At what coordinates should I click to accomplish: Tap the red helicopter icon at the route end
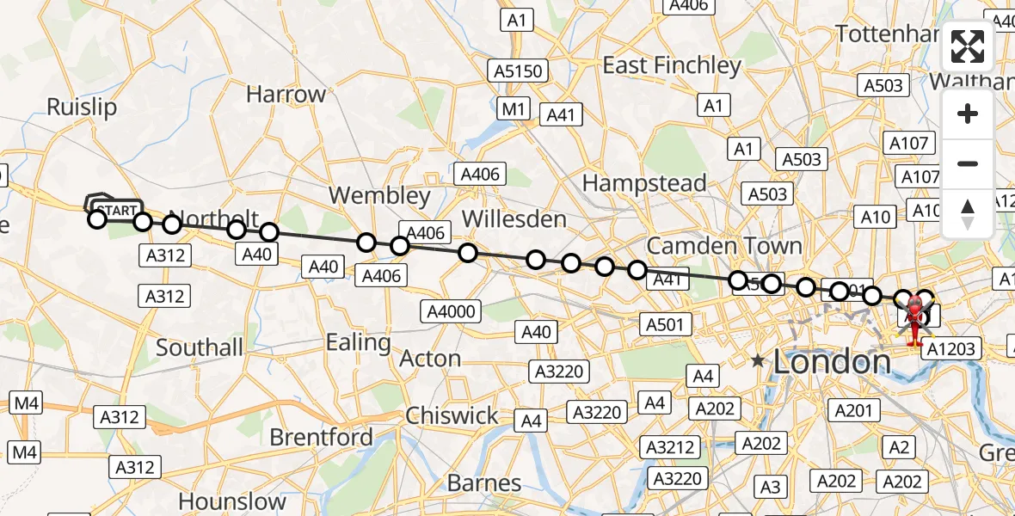tap(913, 321)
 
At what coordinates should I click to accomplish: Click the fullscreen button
tap(968, 46)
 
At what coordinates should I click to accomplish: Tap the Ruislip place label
tap(82, 107)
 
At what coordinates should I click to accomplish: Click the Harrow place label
tap(286, 94)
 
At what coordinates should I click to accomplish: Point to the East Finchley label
tap(672, 65)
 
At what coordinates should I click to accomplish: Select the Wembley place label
tap(379, 195)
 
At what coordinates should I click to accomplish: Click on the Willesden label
tap(514, 218)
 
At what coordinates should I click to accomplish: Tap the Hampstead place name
tap(644, 182)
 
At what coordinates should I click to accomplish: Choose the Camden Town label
tap(724, 246)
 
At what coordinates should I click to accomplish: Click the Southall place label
tap(200, 347)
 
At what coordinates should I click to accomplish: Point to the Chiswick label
tap(452, 415)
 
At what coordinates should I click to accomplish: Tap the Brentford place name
tap(321, 437)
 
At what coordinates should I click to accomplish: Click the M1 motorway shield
tap(514, 108)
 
